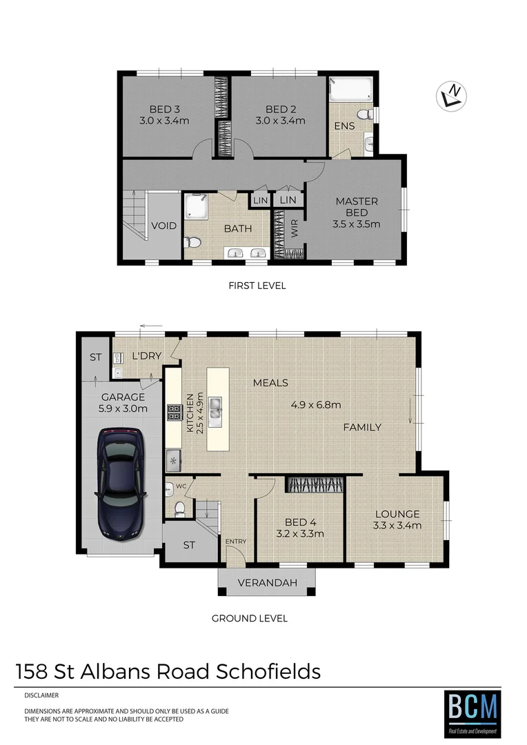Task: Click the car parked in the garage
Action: pyautogui.click(x=121, y=483)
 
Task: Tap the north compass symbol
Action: pyautogui.click(x=452, y=96)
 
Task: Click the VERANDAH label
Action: pyautogui.click(x=268, y=583)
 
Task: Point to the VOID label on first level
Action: pyautogui.click(x=163, y=226)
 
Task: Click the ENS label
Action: pyautogui.click(x=344, y=126)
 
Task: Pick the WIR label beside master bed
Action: pyautogui.click(x=295, y=230)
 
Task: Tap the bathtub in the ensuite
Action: pyautogui.click(x=351, y=89)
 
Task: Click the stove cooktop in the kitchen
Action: pyautogui.click(x=173, y=413)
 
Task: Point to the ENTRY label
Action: pyautogui.click(x=236, y=542)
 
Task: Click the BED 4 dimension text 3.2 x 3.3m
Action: pyautogui.click(x=300, y=533)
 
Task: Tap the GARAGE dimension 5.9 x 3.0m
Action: pyautogui.click(x=123, y=409)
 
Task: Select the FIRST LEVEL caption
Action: pyautogui.click(x=257, y=286)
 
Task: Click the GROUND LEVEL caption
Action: pyautogui.click(x=250, y=618)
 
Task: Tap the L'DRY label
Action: pyautogui.click(x=146, y=356)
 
